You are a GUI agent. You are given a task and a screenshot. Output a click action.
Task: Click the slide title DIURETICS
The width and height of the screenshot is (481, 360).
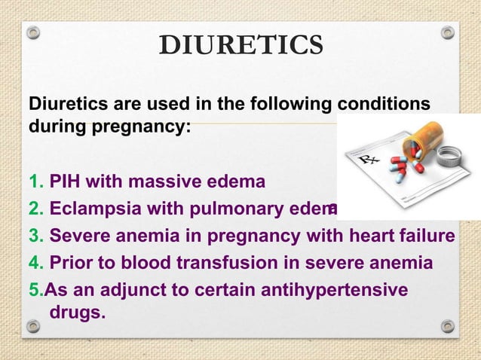tap(240, 46)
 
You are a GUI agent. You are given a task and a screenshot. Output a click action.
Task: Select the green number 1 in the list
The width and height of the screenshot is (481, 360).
tap(33, 182)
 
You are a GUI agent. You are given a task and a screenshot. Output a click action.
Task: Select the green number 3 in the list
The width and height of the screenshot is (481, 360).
tap(34, 236)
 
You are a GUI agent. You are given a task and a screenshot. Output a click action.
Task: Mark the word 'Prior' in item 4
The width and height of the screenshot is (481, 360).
tap(72, 264)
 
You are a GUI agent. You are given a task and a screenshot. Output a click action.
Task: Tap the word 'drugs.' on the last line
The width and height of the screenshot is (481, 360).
tap(76, 311)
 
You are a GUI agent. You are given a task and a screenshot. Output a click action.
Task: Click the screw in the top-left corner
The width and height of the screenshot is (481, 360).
tap(32, 33)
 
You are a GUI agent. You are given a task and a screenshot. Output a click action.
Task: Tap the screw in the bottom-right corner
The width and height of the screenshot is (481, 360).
tap(447, 326)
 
